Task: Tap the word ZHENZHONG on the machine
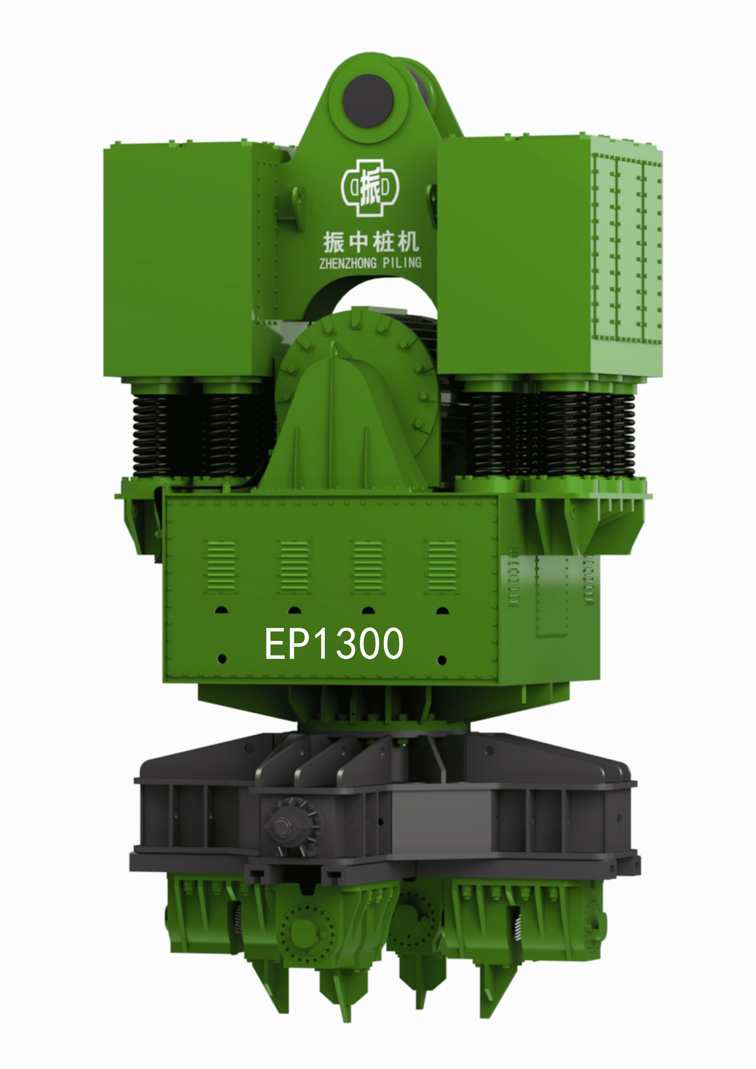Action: pyautogui.click(x=347, y=263)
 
